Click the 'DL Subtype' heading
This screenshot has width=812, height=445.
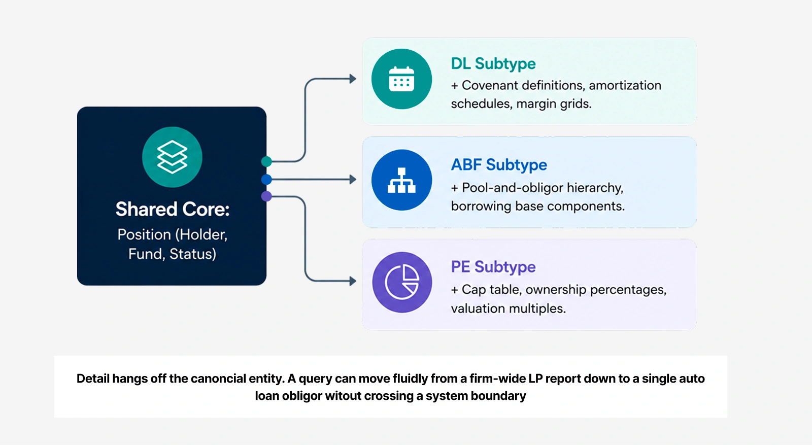[493, 64]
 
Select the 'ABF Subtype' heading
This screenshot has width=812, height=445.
[499, 165]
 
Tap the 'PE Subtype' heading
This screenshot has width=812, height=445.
[493, 267]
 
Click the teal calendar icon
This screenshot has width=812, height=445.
[401, 79]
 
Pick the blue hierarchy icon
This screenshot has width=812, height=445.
[401, 180]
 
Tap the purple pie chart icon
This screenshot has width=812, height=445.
[402, 282]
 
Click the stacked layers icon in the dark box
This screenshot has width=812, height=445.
[172, 157]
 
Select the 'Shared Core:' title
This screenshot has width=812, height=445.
[173, 209]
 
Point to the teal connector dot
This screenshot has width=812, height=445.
[266, 162]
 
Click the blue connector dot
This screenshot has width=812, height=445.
[266, 180]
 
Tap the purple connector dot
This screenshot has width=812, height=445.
[266, 196]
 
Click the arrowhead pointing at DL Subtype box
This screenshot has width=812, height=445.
[353, 79]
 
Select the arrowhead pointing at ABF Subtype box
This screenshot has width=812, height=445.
[353, 180]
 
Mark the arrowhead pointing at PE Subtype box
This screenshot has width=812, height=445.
[353, 281]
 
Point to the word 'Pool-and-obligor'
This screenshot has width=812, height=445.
[512, 188]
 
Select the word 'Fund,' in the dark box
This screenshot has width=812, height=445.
[147, 254]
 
